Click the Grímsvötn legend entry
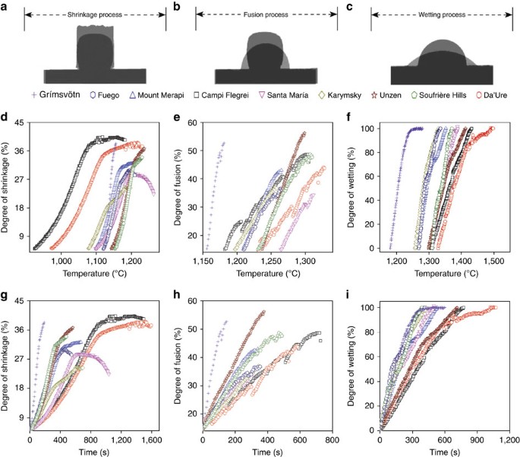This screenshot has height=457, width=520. [x=55, y=94]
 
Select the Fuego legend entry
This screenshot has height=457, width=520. [x=105, y=95]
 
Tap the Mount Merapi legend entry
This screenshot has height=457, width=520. [x=156, y=95]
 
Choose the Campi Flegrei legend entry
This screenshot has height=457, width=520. [x=221, y=95]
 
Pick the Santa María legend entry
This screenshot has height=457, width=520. [x=283, y=95]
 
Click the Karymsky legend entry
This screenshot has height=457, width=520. [x=340, y=95]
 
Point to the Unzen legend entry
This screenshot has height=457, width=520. [x=386, y=95]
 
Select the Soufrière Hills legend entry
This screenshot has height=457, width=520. [x=439, y=95]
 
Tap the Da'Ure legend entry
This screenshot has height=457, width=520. [x=491, y=95]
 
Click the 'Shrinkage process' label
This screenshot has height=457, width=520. [x=95, y=14]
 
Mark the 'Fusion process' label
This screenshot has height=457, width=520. [x=266, y=14]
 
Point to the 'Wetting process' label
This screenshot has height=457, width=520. [x=442, y=14]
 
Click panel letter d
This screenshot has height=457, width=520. [x=4, y=117]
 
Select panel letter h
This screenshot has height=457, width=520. [x=176, y=294]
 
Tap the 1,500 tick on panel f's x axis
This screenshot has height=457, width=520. [x=493, y=261]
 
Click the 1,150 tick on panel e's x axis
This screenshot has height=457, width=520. [x=203, y=261]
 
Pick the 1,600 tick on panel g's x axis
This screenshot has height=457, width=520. [x=152, y=440]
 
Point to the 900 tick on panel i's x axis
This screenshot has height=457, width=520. [x=477, y=440]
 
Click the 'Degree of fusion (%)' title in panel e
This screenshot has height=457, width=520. [x=178, y=188]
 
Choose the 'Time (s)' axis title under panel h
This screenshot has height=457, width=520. [x=267, y=452]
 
